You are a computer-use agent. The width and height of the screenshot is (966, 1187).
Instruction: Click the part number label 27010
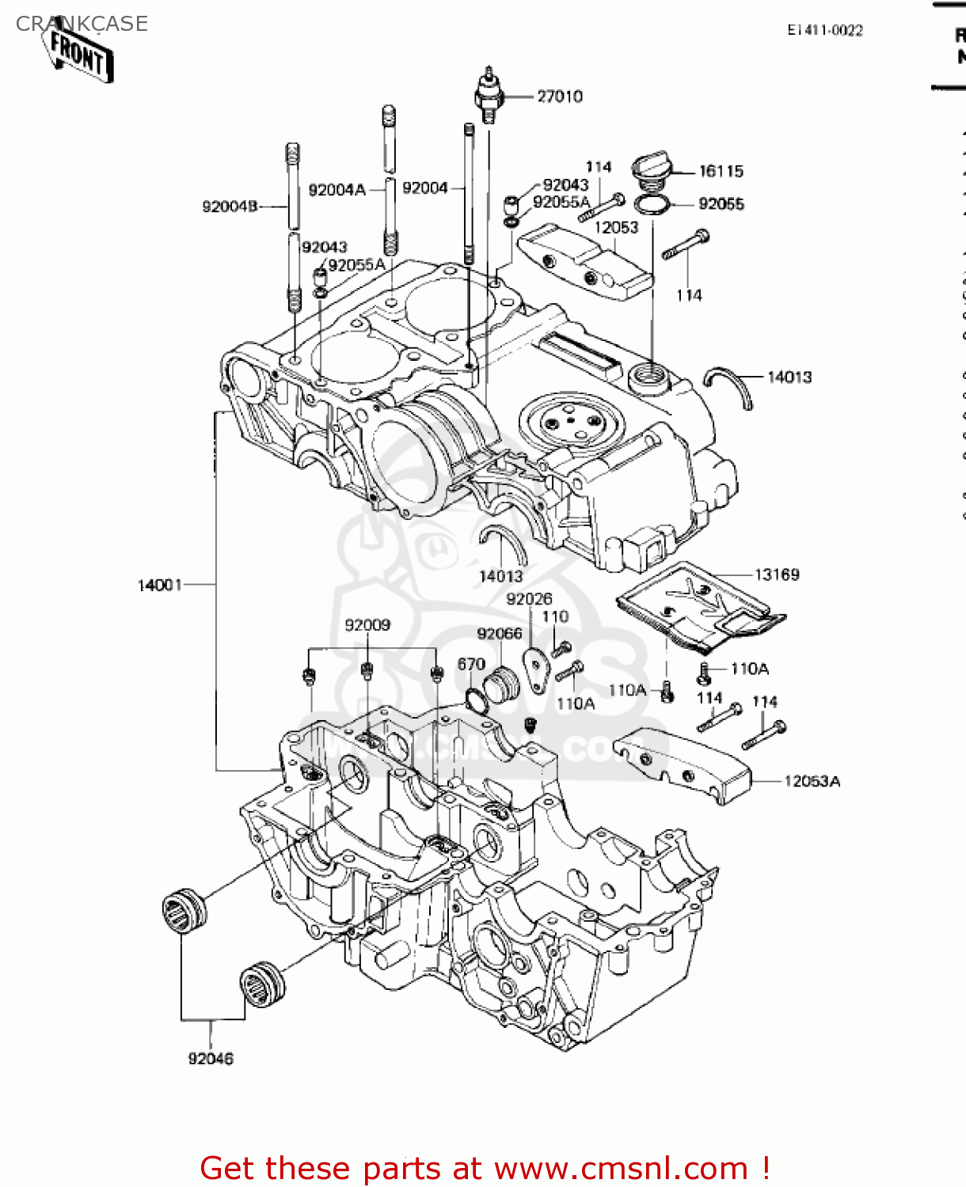(559, 97)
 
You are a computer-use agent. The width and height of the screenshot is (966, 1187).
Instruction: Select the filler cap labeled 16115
(651, 170)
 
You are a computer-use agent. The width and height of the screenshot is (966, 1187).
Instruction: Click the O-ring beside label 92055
(652, 205)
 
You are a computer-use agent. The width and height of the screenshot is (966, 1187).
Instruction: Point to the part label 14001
(160, 585)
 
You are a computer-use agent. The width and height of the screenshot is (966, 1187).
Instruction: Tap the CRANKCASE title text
(82, 24)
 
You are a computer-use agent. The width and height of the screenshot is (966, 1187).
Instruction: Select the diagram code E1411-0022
(824, 30)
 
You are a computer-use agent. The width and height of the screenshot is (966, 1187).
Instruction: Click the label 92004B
(230, 207)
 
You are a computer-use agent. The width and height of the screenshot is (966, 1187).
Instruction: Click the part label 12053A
(812, 781)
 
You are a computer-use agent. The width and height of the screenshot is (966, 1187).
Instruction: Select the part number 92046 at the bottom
(211, 1058)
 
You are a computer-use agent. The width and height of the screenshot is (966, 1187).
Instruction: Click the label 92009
(367, 625)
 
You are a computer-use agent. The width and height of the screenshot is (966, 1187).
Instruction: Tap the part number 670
(471, 664)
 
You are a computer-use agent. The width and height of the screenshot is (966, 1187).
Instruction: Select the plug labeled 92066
(500, 684)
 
